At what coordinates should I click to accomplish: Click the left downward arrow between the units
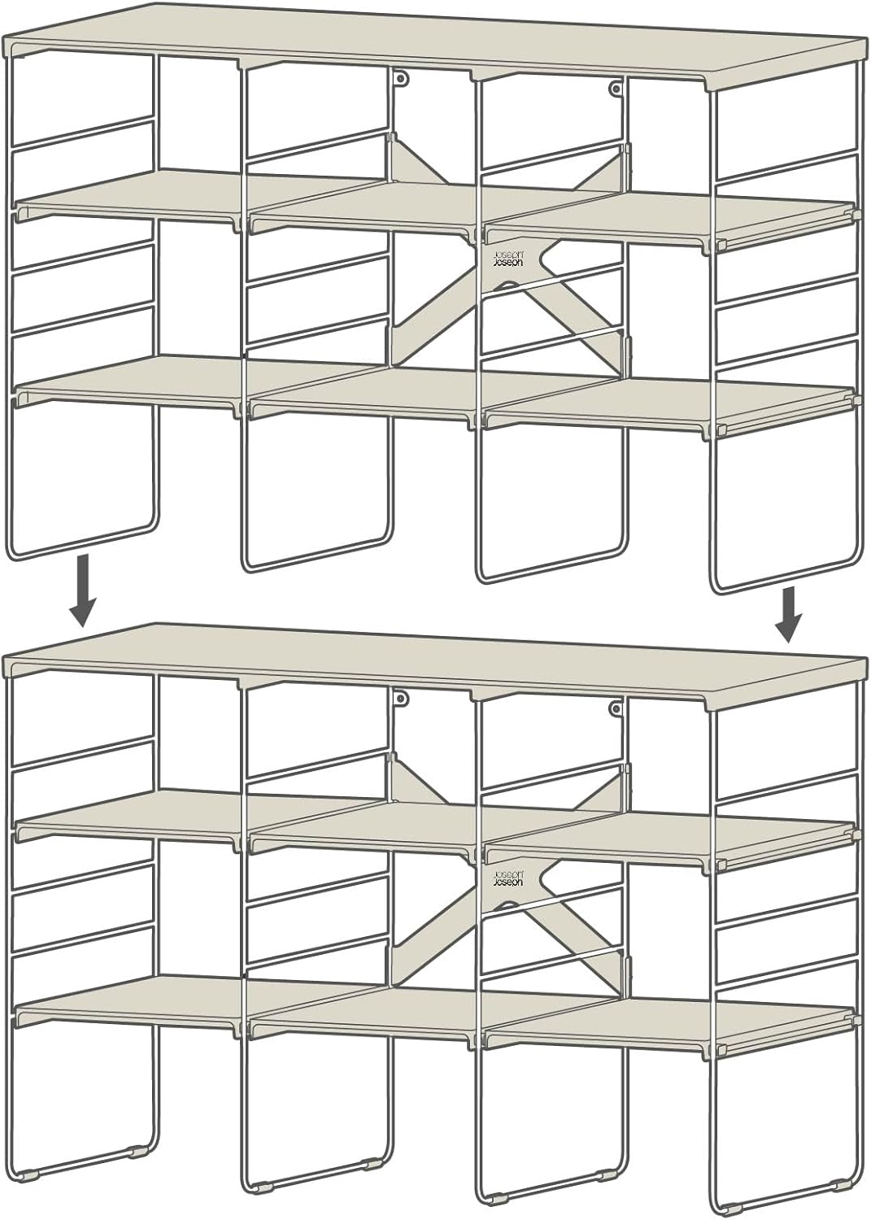(x=83, y=590)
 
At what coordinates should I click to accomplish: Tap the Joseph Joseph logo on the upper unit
(x=507, y=258)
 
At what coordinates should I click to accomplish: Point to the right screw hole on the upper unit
(x=616, y=87)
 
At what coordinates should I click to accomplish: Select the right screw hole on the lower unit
(x=616, y=708)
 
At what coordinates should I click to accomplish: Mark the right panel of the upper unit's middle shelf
(x=670, y=218)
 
